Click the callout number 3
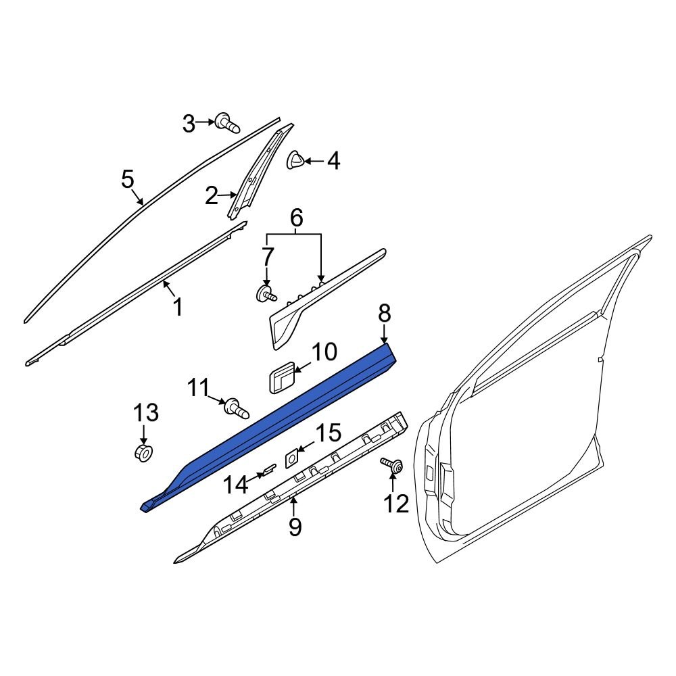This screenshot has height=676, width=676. (x=189, y=123)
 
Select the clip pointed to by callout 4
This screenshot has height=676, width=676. (x=296, y=160)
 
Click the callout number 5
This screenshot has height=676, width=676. (x=128, y=179)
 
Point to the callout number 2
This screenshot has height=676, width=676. (x=212, y=197)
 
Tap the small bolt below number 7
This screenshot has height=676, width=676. (x=266, y=294)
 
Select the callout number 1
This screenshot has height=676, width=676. (x=177, y=308)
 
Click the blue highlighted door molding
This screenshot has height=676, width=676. (x=270, y=426)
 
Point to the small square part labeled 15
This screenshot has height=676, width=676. (x=292, y=458)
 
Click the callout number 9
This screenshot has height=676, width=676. (x=295, y=526)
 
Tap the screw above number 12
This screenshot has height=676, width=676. (x=392, y=466)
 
